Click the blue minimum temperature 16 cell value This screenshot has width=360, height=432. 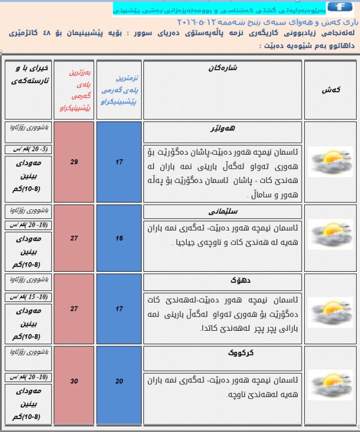point(119,238)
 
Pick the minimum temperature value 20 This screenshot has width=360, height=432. point(119,381)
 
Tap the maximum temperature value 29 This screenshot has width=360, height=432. point(74,162)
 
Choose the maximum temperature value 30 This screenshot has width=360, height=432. point(74,381)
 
